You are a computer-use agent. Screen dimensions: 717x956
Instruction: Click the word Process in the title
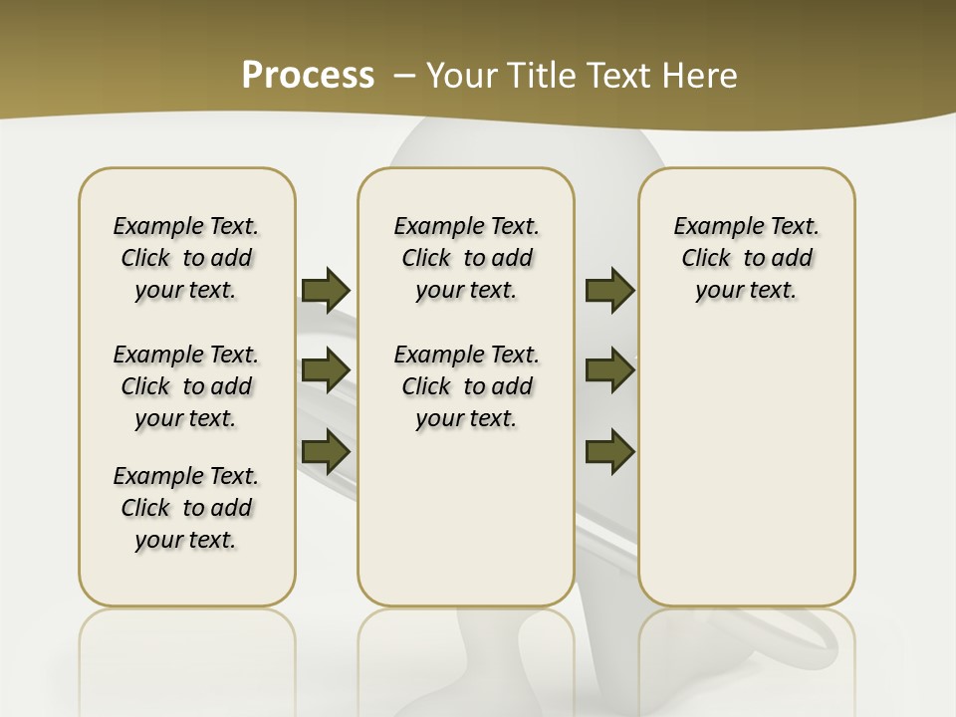click(308, 76)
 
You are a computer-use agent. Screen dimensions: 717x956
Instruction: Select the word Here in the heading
click(701, 76)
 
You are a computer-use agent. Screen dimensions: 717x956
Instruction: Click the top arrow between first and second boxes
click(326, 290)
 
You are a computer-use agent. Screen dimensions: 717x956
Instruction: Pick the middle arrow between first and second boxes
click(326, 370)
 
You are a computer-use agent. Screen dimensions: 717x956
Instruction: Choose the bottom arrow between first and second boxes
click(326, 451)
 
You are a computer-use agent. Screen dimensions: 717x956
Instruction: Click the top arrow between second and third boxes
click(609, 290)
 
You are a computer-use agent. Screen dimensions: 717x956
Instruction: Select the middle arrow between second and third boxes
click(609, 370)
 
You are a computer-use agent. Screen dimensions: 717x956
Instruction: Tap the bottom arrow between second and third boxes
click(609, 451)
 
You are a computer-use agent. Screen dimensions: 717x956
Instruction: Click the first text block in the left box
click(186, 258)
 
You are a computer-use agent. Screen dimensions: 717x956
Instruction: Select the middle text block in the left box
click(186, 386)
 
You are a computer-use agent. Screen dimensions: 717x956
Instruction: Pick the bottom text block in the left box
click(186, 508)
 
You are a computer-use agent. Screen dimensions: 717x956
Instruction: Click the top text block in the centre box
click(467, 258)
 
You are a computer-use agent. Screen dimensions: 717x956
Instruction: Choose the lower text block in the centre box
click(467, 386)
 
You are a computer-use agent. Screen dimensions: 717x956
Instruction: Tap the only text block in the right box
click(747, 258)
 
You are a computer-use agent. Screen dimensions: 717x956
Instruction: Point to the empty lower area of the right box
click(747, 458)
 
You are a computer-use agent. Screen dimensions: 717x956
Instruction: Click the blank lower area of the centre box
click(467, 518)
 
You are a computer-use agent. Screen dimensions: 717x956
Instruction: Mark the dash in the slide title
click(404, 76)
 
